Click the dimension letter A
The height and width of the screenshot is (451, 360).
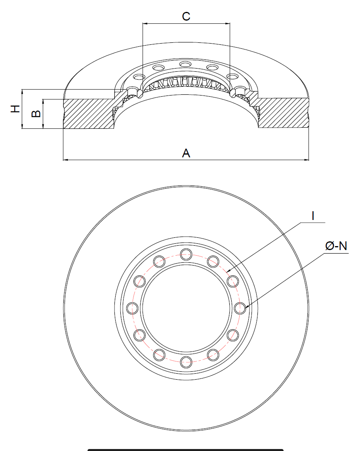(x=186, y=153)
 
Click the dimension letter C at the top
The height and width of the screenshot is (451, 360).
(x=186, y=16)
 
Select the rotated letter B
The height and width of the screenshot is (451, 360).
(x=36, y=114)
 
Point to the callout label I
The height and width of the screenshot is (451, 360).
(x=313, y=216)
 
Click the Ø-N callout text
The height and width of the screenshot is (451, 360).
(x=336, y=246)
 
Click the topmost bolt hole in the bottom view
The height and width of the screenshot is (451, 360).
(x=186, y=254)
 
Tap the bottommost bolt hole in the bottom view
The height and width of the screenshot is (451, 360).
(x=186, y=361)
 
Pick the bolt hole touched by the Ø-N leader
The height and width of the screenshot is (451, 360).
(x=240, y=308)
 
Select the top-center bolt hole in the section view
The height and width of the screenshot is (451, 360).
(x=185, y=64)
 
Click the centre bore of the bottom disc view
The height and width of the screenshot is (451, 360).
(x=186, y=308)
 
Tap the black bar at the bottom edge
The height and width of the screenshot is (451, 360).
(x=185, y=449)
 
